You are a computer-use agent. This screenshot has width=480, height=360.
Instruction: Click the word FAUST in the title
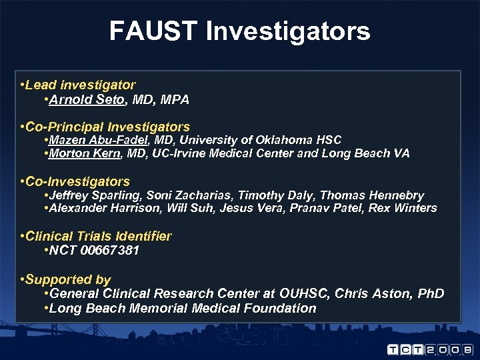point(153,31)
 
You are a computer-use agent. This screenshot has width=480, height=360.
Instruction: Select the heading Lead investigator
point(80,85)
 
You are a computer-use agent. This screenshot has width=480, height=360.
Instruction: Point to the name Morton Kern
point(85,153)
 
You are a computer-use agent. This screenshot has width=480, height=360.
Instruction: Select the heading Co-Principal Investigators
point(107,127)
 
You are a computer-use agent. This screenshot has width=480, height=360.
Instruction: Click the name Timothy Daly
point(281,195)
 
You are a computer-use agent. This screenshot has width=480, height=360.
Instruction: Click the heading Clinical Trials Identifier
point(99,237)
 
